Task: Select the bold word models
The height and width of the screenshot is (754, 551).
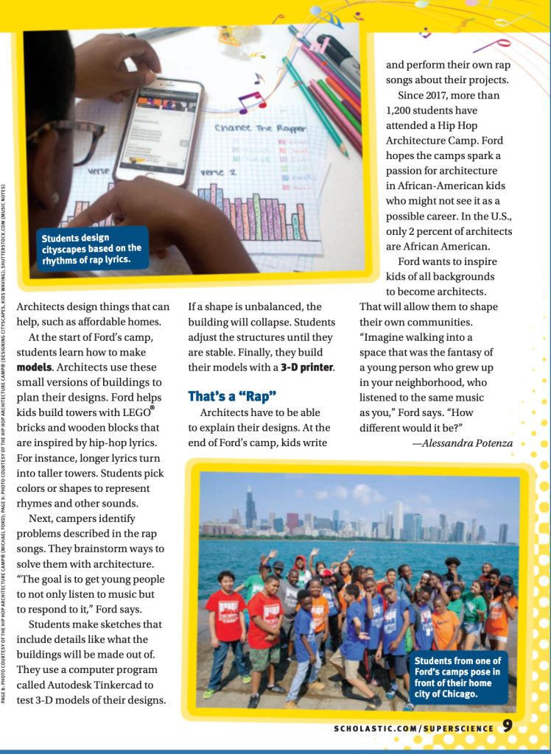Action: click(33, 366)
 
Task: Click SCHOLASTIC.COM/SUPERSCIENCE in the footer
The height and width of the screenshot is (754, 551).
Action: click(413, 728)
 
